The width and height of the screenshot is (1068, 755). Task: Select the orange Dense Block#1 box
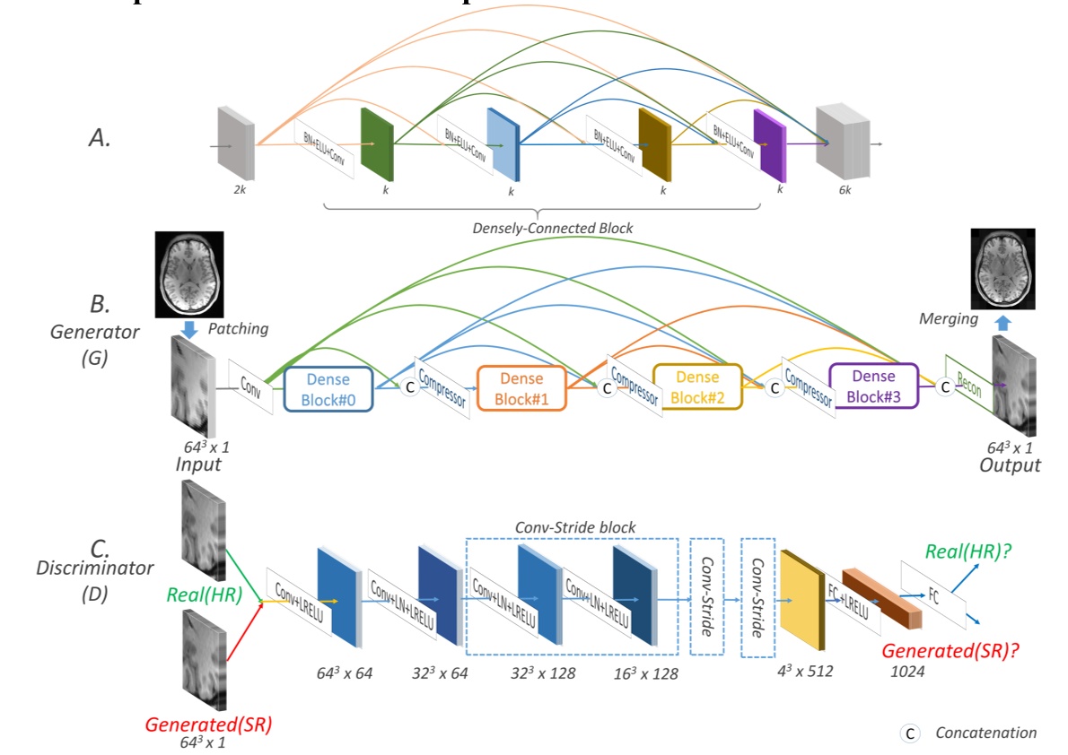pos(521,387)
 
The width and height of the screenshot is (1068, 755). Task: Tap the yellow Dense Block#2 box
pos(697,386)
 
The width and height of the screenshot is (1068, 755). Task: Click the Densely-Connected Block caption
pos(552,228)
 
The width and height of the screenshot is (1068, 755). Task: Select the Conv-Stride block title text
pos(574,527)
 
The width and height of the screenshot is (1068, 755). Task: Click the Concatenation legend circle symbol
pos(909,733)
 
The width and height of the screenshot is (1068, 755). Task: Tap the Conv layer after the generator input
pos(249,387)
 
